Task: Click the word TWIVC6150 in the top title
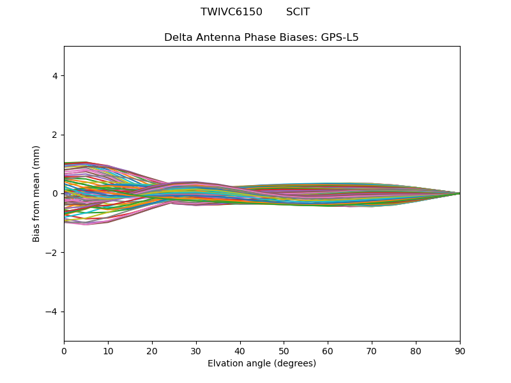tap(231, 12)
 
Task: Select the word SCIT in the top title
tap(298, 12)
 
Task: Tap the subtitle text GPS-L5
tap(340, 37)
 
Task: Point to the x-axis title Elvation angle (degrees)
tap(262, 363)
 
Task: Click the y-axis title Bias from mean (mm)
tap(36, 193)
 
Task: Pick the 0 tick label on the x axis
tap(64, 350)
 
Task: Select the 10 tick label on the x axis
tap(108, 350)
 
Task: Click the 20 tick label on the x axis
tap(152, 350)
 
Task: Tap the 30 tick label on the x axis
tap(196, 350)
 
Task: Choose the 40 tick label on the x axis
tap(240, 350)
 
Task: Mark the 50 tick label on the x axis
tap(284, 350)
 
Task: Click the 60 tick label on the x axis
tap(328, 350)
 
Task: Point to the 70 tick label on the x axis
tap(372, 350)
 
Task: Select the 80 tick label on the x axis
tap(416, 350)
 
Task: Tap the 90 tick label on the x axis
tap(460, 350)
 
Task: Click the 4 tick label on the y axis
tap(56, 76)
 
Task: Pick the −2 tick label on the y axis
tap(52, 253)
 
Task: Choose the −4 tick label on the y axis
tap(52, 312)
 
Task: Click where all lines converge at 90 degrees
tap(459, 193)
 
